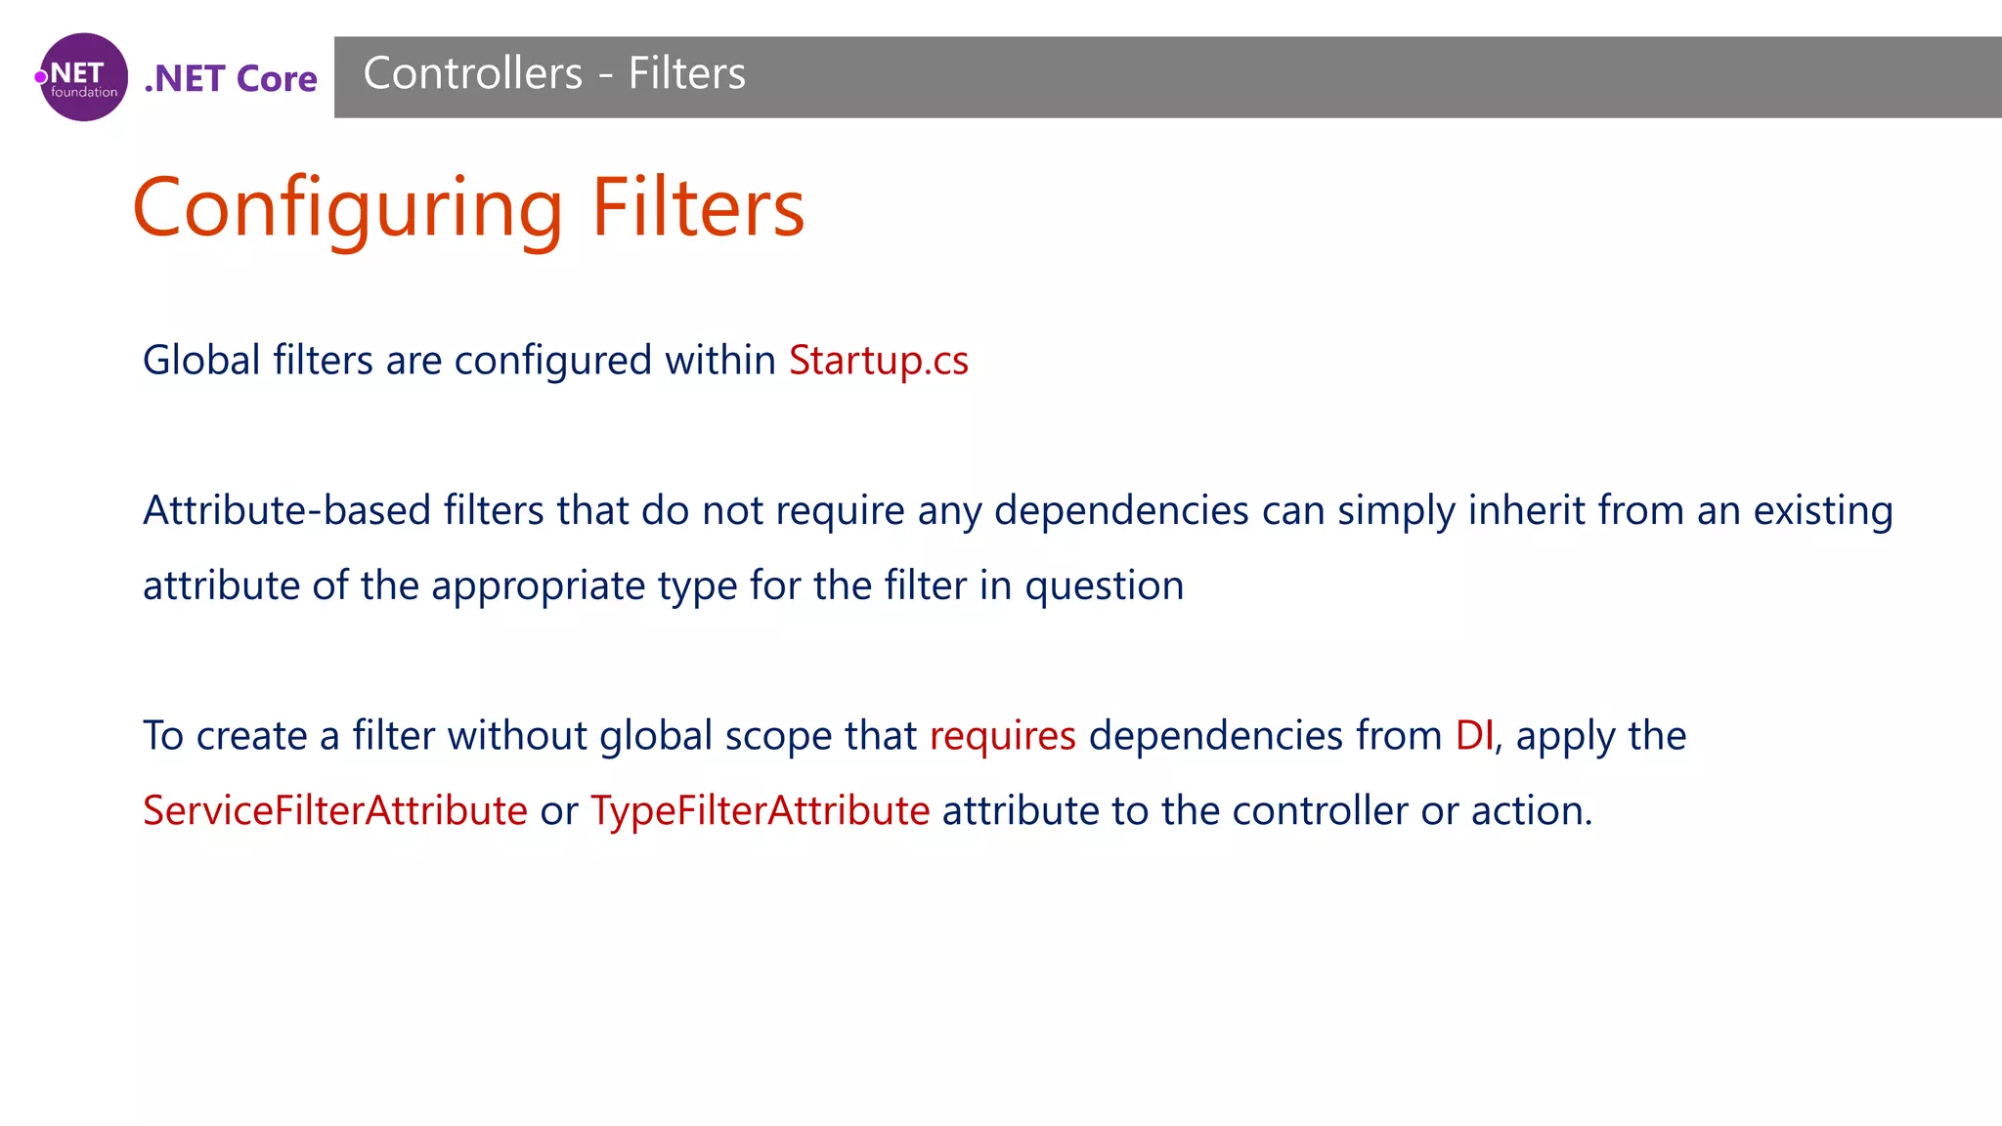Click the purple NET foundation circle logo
click(x=83, y=77)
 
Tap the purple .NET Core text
click(x=231, y=78)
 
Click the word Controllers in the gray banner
click(x=472, y=74)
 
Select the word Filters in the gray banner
click(x=686, y=74)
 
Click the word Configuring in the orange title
click(x=348, y=208)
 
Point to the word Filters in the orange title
click(x=698, y=208)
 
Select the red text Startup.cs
click(x=878, y=361)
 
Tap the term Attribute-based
click(x=286, y=510)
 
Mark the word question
click(x=1104, y=586)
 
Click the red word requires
click(x=1002, y=736)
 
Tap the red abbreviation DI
click(x=1473, y=736)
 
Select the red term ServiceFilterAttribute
click(x=335, y=811)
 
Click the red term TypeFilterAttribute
click(x=760, y=811)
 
